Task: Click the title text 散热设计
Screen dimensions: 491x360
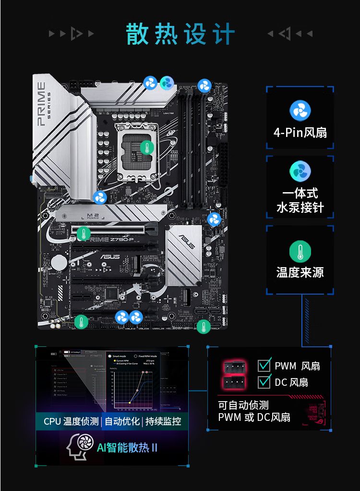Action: click(x=180, y=35)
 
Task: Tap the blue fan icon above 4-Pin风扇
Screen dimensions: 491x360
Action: click(x=300, y=110)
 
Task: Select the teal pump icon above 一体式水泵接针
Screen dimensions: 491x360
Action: click(x=300, y=171)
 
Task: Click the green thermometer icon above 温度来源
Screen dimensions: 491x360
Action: click(x=300, y=252)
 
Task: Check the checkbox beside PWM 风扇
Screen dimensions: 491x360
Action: click(x=264, y=366)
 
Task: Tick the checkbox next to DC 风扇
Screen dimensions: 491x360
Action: click(x=264, y=382)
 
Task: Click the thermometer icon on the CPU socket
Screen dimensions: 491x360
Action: click(x=147, y=147)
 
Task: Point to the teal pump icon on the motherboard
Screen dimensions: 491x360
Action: click(x=167, y=83)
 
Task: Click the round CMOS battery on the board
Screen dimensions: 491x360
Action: click(x=59, y=262)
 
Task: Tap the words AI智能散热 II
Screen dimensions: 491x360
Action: click(x=127, y=448)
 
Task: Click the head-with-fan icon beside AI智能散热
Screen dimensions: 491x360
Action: click(x=78, y=447)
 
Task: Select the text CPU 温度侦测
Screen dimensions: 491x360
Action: click(x=71, y=421)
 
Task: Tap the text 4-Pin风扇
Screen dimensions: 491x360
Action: click(x=300, y=132)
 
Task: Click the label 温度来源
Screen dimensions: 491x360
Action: click(x=300, y=273)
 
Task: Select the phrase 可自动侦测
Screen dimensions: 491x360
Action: click(x=243, y=405)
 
